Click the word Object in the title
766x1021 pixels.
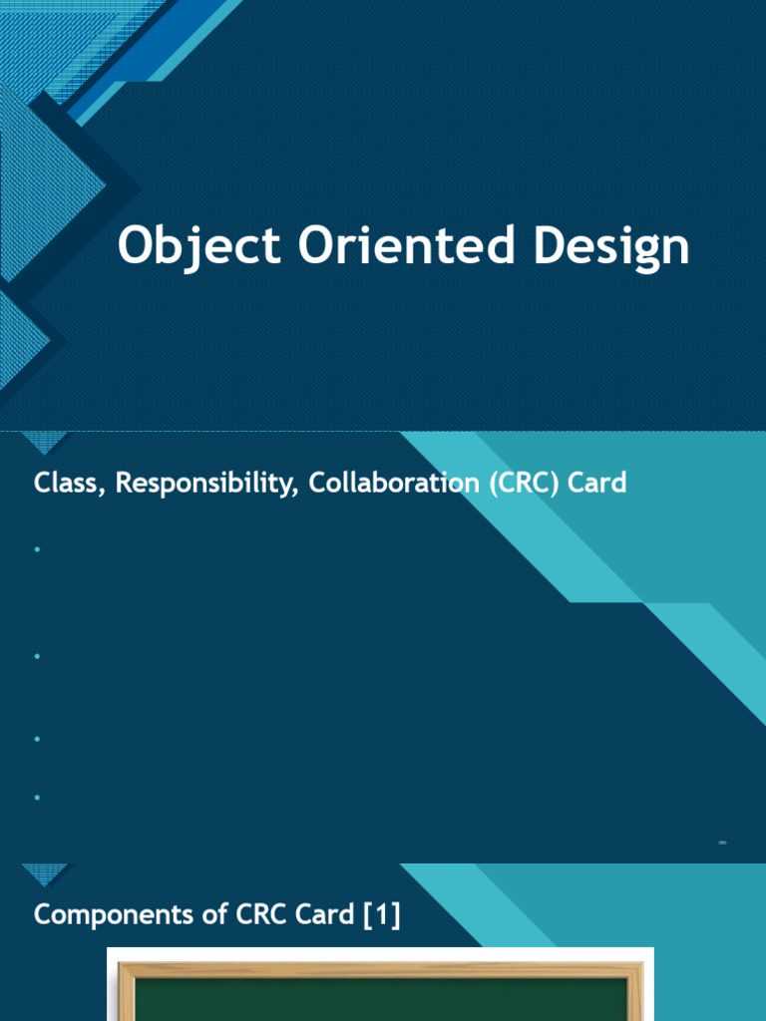pyautogui.click(x=198, y=246)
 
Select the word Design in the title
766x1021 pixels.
pyautogui.click(x=610, y=246)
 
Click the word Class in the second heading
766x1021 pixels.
pyautogui.click(x=69, y=484)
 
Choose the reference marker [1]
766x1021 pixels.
pyautogui.click(x=382, y=914)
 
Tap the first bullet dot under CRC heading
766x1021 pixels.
pyautogui.click(x=36, y=549)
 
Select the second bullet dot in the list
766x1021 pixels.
pyautogui.click(x=36, y=656)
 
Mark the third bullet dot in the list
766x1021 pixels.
pyautogui.click(x=36, y=739)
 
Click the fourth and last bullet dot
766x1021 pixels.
pyautogui.click(x=36, y=798)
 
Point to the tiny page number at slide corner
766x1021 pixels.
pyautogui.click(x=722, y=844)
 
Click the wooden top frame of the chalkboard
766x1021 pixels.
pyautogui.click(x=379, y=969)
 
